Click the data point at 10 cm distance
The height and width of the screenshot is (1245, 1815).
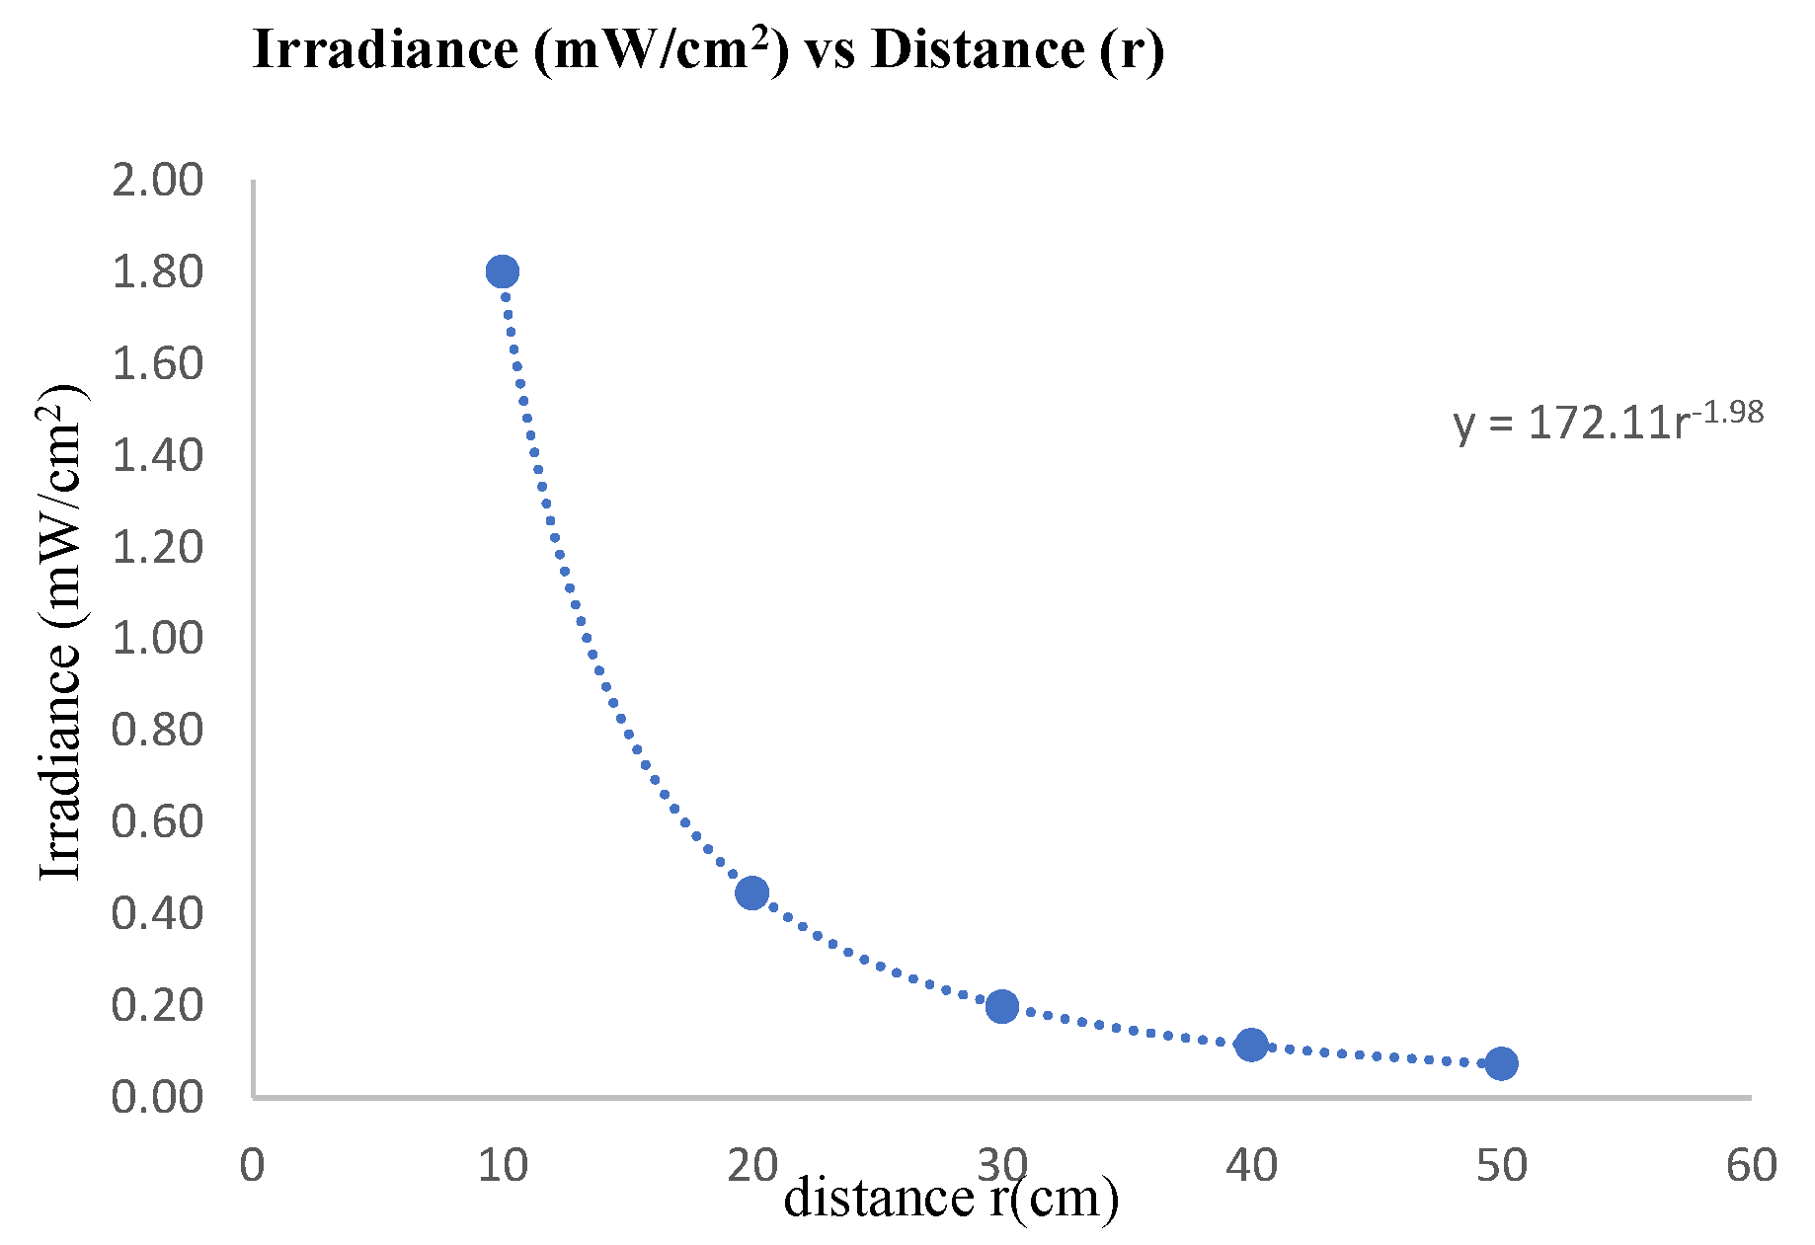coord(502,272)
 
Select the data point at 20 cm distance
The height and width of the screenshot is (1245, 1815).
coord(751,893)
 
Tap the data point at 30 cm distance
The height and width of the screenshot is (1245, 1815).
coord(1001,1006)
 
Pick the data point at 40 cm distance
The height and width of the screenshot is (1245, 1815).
coord(1251,1045)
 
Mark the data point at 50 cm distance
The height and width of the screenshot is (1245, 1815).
coord(1501,1063)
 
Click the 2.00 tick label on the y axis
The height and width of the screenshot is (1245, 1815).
coord(157,181)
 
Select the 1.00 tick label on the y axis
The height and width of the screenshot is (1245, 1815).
coord(157,639)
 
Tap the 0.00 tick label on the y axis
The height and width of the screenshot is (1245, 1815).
coord(157,1097)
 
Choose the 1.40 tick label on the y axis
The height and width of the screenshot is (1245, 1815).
coord(157,455)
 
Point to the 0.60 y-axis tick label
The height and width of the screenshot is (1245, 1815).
coord(157,821)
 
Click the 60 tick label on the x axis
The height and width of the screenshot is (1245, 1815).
coord(1752,1166)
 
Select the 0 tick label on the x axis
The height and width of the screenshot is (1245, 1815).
coord(253,1166)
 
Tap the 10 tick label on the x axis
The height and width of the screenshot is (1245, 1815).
coord(503,1166)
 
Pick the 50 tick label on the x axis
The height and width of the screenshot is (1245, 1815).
coord(1502,1166)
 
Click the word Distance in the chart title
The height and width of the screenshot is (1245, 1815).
coord(978,49)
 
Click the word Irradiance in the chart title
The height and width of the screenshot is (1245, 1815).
coord(385,49)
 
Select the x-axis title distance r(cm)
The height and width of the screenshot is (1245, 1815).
coord(951,1198)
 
